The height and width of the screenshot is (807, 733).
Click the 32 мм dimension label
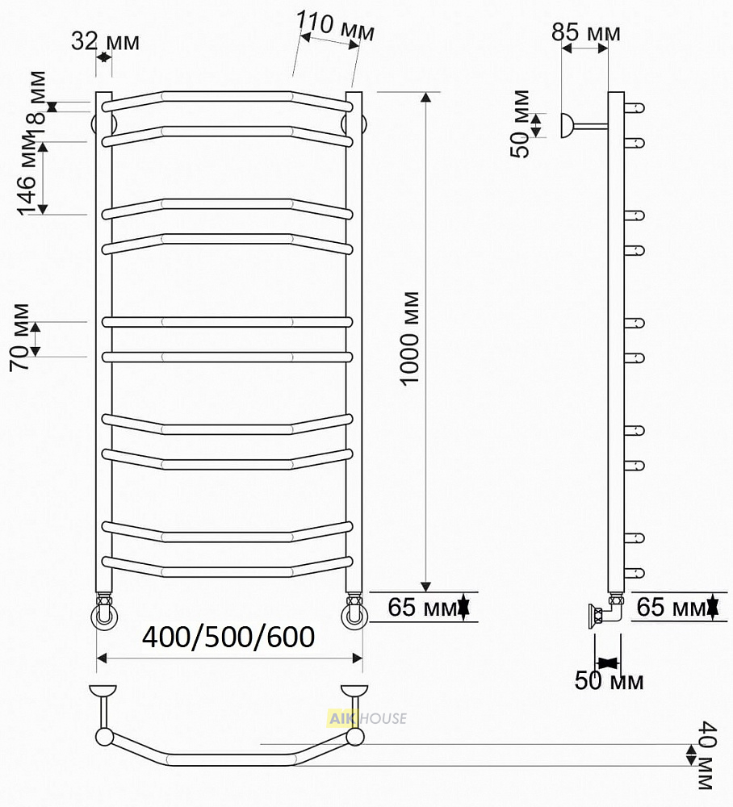coord(105,41)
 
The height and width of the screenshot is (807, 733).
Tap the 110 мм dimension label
coord(336,27)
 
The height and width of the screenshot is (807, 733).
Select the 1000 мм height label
coord(410,338)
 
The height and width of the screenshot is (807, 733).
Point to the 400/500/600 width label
coord(228,638)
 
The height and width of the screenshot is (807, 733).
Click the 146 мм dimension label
coord(27,173)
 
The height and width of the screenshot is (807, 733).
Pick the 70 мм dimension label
coord(20,337)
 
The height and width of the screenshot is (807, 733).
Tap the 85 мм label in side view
coord(586,32)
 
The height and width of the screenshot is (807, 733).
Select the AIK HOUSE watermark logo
coord(367,718)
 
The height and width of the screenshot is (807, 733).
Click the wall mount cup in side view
coord(566,125)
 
